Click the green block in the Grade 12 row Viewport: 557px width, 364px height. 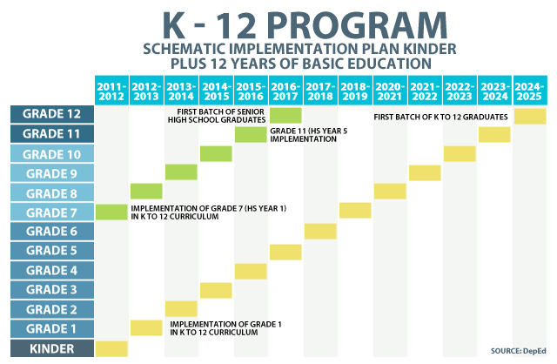285,115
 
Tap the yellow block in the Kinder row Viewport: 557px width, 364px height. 111,348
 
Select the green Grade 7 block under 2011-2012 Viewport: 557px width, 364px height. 111,212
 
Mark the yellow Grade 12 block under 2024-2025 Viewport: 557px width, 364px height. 530,115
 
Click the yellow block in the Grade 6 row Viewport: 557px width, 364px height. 320,232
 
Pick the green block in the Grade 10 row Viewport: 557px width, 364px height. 216,153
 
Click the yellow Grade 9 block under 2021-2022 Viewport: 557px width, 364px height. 425,172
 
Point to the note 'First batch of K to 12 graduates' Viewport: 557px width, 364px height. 441,116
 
